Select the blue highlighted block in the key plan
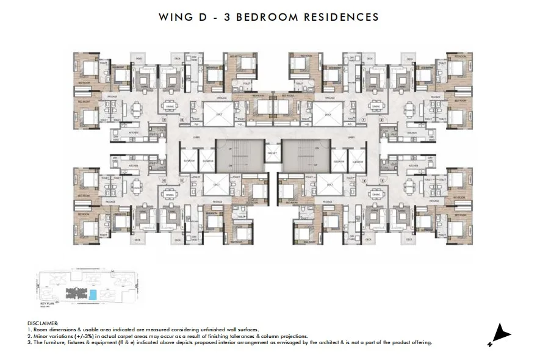(x=93, y=295)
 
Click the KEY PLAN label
(x=48, y=303)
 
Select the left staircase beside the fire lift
(x=231, y=156)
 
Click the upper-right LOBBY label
(x=352, y=137)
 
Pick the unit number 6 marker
(x=182, y=120)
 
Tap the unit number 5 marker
(x=182, y=180)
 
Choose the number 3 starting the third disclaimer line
(x=29, y=343)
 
